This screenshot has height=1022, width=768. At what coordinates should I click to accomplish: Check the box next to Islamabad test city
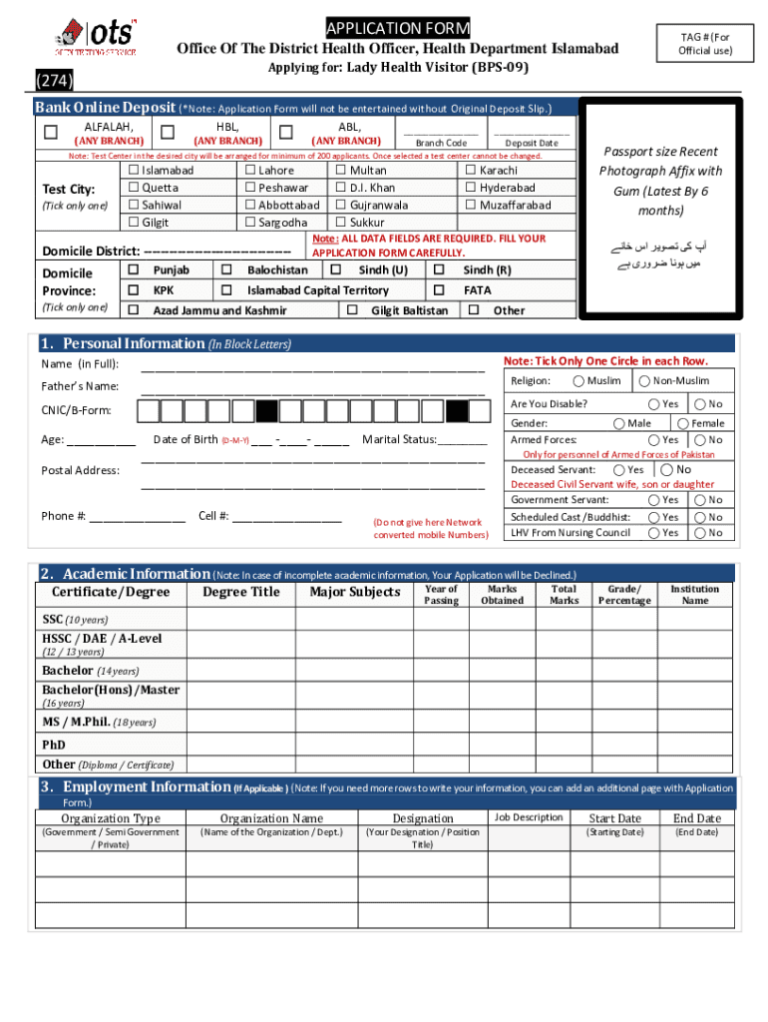coord(133,171)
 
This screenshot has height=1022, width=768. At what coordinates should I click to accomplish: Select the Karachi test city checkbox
coord(471,171)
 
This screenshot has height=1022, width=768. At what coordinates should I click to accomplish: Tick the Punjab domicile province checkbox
coord(133,270)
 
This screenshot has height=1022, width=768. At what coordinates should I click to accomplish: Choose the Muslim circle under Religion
coord(578,381)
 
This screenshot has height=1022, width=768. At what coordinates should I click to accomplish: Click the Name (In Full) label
coord(80,363)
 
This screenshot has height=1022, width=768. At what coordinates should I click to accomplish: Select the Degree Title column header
coord(241,593)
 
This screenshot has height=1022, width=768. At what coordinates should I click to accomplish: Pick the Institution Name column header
coord(695,595)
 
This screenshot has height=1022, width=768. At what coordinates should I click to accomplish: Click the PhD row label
coord(54,745)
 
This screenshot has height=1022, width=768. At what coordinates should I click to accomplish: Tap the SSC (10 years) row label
coord(75,620)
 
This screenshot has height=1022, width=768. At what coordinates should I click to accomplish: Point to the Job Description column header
coord(529,818)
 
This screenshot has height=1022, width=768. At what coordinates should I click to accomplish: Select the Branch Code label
coord(441,144)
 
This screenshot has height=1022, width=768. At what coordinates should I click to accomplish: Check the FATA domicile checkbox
coord(439,289)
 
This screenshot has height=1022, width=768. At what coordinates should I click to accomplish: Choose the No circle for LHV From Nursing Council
coord(701,533)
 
